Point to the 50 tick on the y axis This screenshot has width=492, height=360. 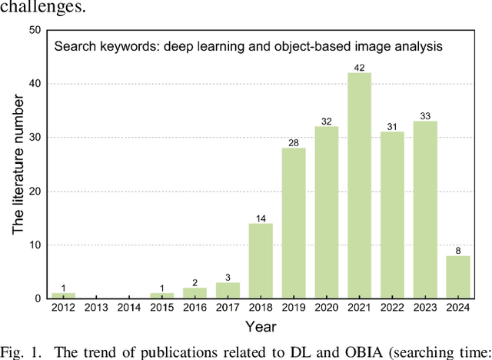(x=35, y=30)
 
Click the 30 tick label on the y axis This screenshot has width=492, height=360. (x=35, y=137)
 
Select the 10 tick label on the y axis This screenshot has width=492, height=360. (x=35, y=245)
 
